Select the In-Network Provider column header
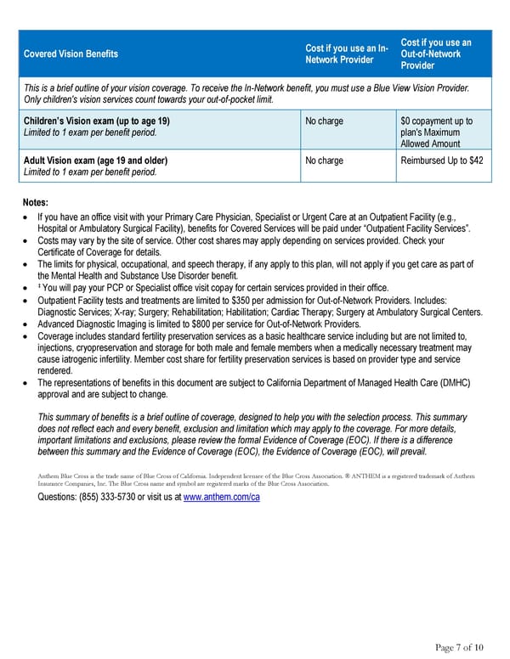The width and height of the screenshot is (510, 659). click(346, 54)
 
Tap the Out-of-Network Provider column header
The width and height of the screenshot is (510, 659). click(435, 54)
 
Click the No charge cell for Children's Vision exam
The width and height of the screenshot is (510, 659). click(324, 121)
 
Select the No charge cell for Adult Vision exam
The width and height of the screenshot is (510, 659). click(324, 161)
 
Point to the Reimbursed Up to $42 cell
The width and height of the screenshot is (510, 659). click(441, 161)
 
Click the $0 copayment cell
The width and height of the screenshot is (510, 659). click(435, 121)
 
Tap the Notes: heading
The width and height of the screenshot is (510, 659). click(37, 203)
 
